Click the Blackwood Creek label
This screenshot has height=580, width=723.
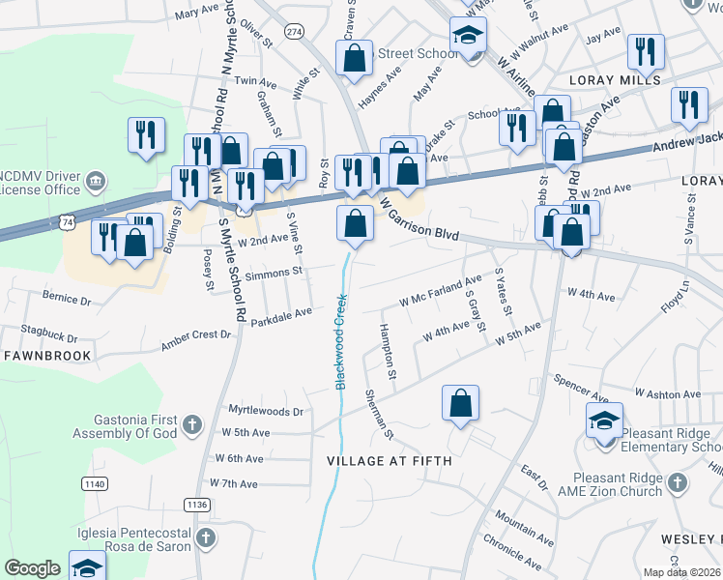[340, 342]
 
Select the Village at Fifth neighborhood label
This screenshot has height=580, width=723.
[390, 461]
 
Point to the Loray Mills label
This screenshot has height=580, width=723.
[615, 80]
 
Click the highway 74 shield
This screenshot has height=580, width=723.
[68, 222]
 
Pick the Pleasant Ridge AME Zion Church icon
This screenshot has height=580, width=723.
[677, 481]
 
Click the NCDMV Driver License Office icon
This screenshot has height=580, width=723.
[96, 181]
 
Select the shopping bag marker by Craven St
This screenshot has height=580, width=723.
[355, 57]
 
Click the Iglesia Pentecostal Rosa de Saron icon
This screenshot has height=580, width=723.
[204, 537]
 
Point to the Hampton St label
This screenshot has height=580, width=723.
[390, 350]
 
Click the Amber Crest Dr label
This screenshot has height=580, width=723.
[197, 334]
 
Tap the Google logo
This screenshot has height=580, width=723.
[32, 568]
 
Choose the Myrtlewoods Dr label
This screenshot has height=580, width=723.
[264, 412]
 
